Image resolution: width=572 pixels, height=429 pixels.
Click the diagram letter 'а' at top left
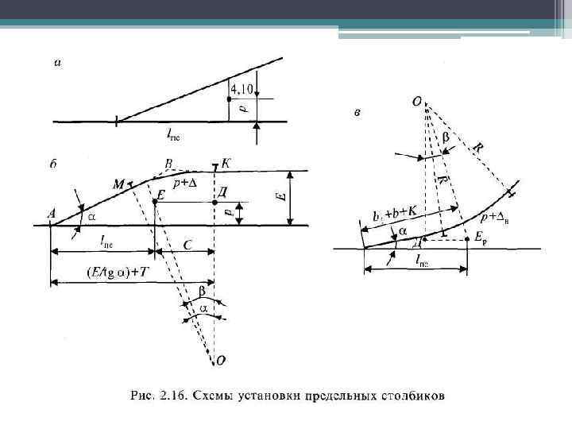point(56,64)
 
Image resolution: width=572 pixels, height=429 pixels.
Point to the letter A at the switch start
point(52,214)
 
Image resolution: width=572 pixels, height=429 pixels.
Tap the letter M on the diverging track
point(118,184)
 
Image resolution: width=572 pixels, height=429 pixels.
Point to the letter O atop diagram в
point(416,102)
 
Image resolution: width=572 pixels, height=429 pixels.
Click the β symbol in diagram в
point(444,137)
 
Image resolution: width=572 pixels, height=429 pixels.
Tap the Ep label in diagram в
point(480,238)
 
